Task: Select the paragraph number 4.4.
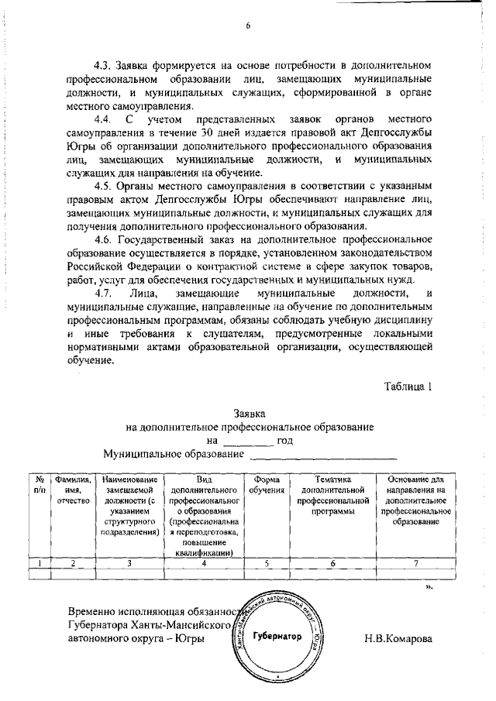click(x=103, y=120)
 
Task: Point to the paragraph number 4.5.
click(x=103, y=187)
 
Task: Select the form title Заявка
click(x=249, y=414)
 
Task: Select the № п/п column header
click(x=40, y=485)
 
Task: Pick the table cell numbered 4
click(x=204, y=563)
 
